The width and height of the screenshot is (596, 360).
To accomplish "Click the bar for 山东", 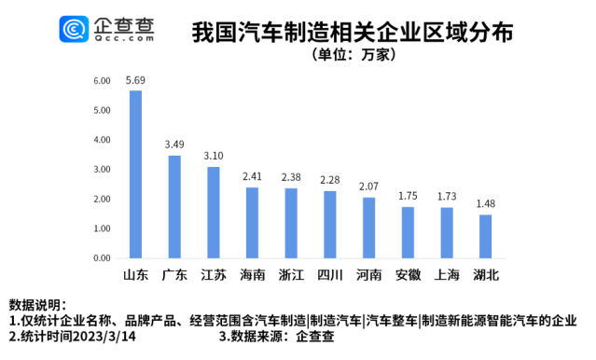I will click(135, 173).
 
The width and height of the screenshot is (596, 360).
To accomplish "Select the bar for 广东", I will click(174, 206).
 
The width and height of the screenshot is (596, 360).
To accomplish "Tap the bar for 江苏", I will click(214, 212).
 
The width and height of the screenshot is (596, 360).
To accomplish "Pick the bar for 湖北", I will click(485, 236).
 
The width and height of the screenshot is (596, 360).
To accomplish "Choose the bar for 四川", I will click(330, 224).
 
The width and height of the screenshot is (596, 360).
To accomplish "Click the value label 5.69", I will click(135, 81).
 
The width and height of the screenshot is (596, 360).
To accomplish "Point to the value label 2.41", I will click(252, 176).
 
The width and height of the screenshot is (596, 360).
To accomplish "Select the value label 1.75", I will click(408, 196).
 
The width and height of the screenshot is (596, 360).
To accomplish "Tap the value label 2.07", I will click(368, 187).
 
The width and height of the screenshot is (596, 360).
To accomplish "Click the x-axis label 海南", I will click(252, 275).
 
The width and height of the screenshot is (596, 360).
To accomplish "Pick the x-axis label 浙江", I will click(291, 275).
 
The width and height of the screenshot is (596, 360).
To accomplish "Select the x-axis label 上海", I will click(446, 275).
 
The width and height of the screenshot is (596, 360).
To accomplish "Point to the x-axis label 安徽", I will click(408, 275).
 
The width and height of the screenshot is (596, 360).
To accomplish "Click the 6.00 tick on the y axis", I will click(102, 81).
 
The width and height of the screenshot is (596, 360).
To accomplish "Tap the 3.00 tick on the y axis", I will click(102, 170).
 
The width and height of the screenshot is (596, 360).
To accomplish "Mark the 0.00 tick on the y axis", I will click(102, 257).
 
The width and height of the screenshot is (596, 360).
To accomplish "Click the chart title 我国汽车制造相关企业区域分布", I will click(351, 33).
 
